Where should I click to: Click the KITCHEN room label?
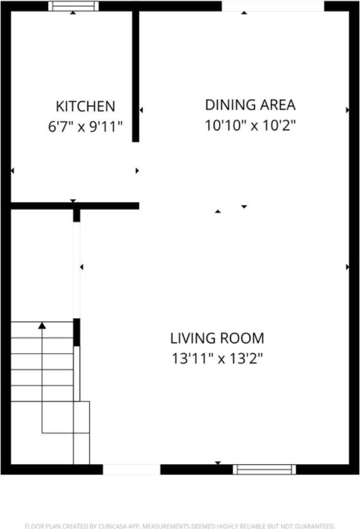tap(85, 106)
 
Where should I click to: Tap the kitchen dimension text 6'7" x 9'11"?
tap(85, 127)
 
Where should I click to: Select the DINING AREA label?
tap(250, 105)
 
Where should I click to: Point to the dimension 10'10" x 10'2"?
tap(250, 126)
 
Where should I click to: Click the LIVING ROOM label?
tap(217, 338)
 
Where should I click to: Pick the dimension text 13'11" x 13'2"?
tap(217, 358)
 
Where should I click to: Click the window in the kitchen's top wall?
tap(73, 6)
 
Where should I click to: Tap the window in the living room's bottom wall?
tap(264, 469)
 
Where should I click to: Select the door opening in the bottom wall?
tap(131, 469)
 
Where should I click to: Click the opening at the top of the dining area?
tap(272, 6)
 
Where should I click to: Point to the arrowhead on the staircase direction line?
tap(42, 326)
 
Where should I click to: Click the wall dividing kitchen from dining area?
tap(135, 74)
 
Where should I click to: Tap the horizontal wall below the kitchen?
tap(74, 205)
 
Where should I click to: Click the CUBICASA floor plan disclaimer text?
tap(180, 526)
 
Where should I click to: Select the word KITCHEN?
tap(85, 106)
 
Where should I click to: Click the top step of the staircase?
tap(42, 330)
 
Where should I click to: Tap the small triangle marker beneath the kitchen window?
tap(73, 13)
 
